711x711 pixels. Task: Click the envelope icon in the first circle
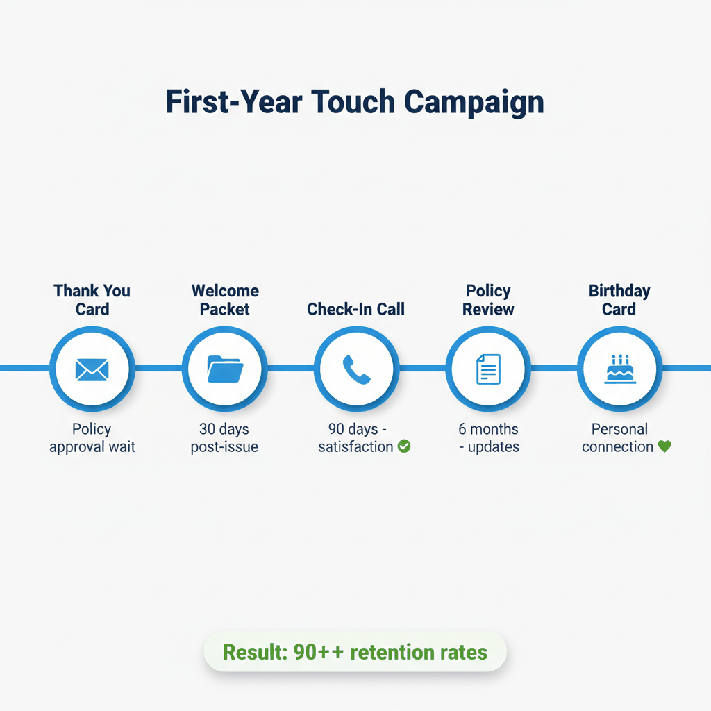tap(92, 369)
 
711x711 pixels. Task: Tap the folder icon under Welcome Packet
tap(224, 369)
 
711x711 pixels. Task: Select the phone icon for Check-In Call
tap(356, 369)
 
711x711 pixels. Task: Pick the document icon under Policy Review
tap(488, 369)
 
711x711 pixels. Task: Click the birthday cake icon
tap(620, 369)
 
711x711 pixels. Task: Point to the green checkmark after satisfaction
tap(404, 446)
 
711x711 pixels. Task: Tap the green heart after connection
tap(664, 446)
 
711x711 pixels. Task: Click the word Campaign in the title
tap(474, 102)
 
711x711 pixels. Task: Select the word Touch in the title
tap(353, 102)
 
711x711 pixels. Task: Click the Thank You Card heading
tap(92, 299)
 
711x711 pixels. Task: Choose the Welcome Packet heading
tap(225, 299)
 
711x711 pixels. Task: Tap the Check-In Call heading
tap(355, 309)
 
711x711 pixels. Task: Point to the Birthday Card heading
tap(619, 299)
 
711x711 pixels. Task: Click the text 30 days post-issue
tap(224, 438)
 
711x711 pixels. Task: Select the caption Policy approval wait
tap(92, 438)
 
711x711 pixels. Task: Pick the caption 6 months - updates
tap(488, 438)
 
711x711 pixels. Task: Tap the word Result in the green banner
tap(252, 653)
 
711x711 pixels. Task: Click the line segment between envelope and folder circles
tap(158, 367)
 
